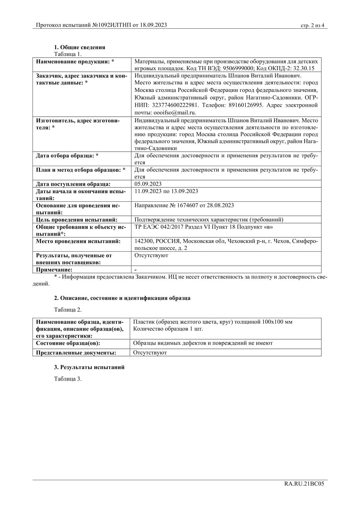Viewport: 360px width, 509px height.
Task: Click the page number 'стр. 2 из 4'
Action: tap(312, 25)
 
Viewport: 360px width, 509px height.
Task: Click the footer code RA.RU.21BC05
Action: tap(304, 484)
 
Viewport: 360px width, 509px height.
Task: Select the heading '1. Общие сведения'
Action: tap(80, 47)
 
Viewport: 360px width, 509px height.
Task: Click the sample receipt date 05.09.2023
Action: tap(148, 184)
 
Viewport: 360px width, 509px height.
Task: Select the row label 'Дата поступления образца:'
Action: tap(73, 184)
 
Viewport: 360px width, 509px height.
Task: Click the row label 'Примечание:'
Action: tap(54, 269)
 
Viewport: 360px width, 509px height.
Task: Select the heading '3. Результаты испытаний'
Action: tap(89, 367)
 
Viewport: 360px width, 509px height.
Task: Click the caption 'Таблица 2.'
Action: tap(68, 310)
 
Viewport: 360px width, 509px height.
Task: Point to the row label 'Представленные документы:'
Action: tap(76, 352)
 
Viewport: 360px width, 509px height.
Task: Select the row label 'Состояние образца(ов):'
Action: tap(68, 343)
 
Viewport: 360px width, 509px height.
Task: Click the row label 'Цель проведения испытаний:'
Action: tap(77, 220)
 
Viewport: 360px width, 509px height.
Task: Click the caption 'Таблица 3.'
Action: tap(68, 379)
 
